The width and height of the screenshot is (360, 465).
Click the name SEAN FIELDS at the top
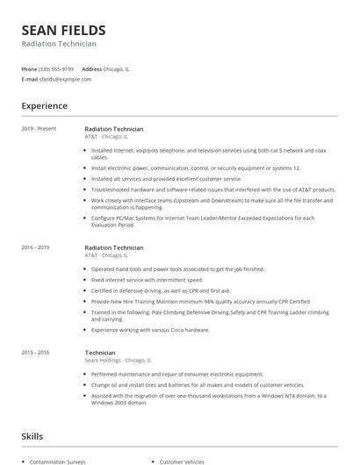(x=63, y=30)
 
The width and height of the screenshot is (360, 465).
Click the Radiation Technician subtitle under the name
(x=59, y=44)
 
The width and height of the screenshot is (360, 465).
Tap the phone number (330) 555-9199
(x=56, y=68)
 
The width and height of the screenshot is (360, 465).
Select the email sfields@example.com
(x=65, y=79)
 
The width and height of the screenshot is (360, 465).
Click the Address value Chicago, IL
(x=117, y=68)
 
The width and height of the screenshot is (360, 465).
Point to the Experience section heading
(x=44, y=106)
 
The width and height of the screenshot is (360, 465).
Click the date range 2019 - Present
(x=39, y=128)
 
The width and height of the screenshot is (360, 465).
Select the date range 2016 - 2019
(x=36, y=247)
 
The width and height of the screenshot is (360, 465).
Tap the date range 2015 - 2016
(x=36, y=352)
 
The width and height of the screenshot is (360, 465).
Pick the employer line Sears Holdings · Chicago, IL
(x=117, y=361)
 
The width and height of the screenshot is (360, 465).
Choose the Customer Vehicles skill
(x=182, y=461)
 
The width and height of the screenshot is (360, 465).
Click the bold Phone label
(x=29, y=68)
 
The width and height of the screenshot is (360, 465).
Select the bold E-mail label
(x=29, y=79)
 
